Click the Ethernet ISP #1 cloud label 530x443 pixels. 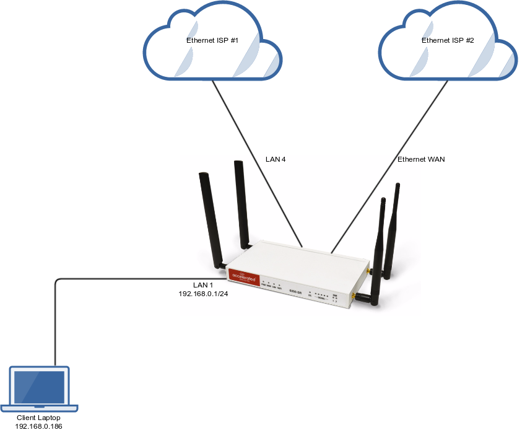(212, 40)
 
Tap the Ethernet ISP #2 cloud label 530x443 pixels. (448, 40)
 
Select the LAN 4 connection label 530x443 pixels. (275, 160)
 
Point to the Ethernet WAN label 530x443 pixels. (421, 160)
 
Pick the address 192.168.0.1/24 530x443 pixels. (202, 294)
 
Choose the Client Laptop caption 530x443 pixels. (38, 418)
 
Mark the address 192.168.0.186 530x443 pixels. (38, 427)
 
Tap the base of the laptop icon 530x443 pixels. (40, 408)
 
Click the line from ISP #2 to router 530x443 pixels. (390, 167)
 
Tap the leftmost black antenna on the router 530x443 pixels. (209, 217)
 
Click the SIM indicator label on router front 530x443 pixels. (335, 295)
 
